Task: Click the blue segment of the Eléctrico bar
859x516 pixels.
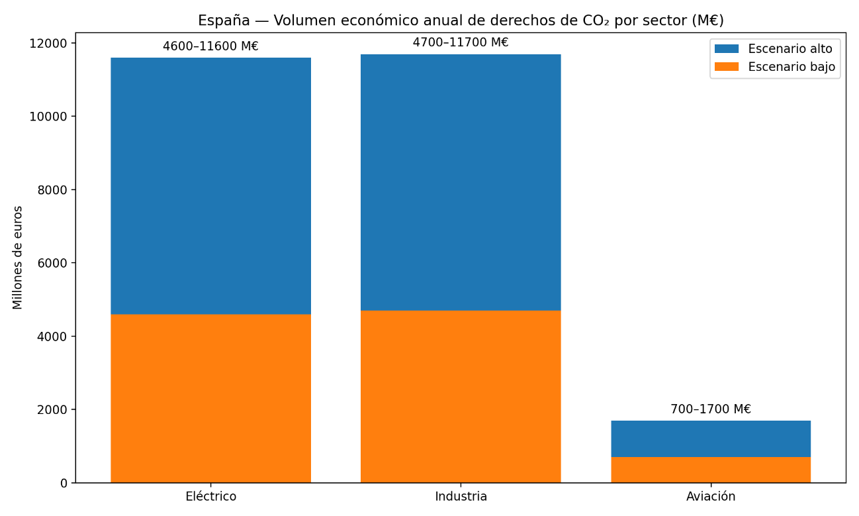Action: pyautogui.click(x=210, y=185)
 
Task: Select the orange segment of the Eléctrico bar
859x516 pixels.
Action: pyautogui.click(x=210, y=398)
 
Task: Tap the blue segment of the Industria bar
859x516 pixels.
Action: pyautogui.click(x=461, y=182)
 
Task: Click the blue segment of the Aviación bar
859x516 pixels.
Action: pyautogui.click(x=711, y=439)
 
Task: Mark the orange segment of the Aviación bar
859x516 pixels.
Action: pyautogui.click(x=711, y=470)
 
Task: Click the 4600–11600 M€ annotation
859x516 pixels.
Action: pyautogui.click(x=210, y=46)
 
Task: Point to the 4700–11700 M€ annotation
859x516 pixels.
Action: pyautogui.click(x=461, y=42)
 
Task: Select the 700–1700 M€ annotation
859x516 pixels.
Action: pyautogui.click(x=711, y=409)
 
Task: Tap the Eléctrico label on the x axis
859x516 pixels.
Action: pyautogui.click(x=210, y=497)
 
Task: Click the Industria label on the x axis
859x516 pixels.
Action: pyautogui.click(x=461, y=497)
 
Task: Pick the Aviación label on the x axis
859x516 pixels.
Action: pyautogui.click(x=711, y=497)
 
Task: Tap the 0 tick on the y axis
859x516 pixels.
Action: pyautogui.click(x=64, y=483)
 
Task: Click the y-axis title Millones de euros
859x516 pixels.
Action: pyautogui.click(x=18, y=257)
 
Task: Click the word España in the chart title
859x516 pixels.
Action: pyautogui.click(x=224, y=21)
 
